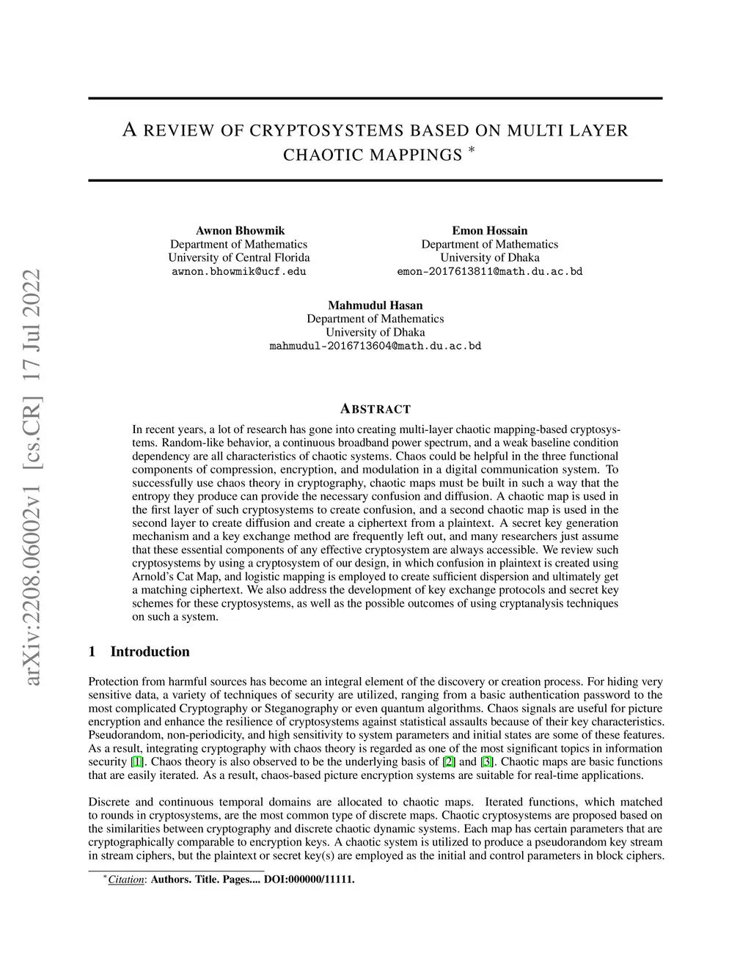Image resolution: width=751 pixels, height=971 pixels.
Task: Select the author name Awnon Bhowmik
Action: pyautogui.click(x=239, y=231)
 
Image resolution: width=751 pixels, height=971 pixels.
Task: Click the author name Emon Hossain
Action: pyautogui.click(x=489, y=231)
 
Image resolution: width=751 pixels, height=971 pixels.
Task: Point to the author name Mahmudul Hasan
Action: pyautogui.click(x=375, y=306)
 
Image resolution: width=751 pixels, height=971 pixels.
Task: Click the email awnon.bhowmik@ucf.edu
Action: pyautogui.click(x=239, y=271)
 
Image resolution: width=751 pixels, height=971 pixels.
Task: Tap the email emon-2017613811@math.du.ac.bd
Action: pyautogui.click(x=489, y=271)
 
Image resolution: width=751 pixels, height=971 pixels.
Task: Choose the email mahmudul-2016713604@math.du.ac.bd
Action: pyautogui.click(x=375, y=346)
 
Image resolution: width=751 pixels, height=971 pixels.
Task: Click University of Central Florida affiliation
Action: pyautogui.click(x=239, y=258)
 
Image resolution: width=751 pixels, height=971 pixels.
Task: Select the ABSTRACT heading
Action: pyautogui.click(x=375, y=409)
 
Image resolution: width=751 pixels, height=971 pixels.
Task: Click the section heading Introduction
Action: pyautogui.click(x=150, y=651)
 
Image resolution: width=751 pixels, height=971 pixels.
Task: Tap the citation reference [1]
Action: pyautogui.click(x=136, y=762)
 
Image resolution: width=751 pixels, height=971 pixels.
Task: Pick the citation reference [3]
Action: pyautogui.click(x=486, y=762)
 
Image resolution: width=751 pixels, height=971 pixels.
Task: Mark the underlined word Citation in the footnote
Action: pyautogui.click(x=125, y=879)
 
